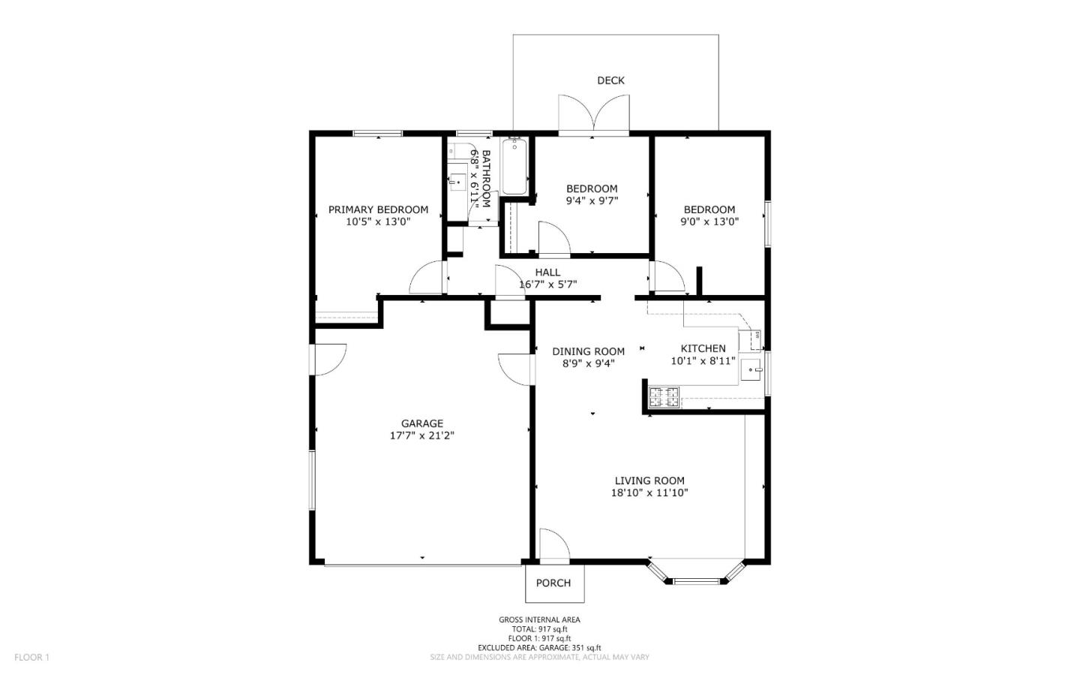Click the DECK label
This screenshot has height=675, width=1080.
tap(610, 80)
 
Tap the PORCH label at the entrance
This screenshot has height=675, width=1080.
tap(553, 583)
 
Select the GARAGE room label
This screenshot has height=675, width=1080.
tap(421, 423)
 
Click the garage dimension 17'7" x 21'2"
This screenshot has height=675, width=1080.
tap(421, 435)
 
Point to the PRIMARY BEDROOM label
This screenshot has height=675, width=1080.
tap(378, 209)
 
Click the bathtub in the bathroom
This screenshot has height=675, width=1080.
tap(514, 166)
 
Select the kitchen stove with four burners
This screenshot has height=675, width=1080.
tap(664, 396)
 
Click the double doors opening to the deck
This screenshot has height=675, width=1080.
tap(593, 116)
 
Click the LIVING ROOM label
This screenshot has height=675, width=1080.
tap(649, 481)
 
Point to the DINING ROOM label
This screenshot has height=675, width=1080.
tap(588, 351)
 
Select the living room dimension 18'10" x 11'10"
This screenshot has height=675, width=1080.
tap(649, 493)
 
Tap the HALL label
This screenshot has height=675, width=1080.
tap(547, 272)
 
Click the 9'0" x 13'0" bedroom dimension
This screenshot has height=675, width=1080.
tap(709, 221)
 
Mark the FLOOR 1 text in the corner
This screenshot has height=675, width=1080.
tap(31, 657)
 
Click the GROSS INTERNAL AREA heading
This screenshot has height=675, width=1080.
tap(539, 619)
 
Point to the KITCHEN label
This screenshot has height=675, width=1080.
tap(703, 348)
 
